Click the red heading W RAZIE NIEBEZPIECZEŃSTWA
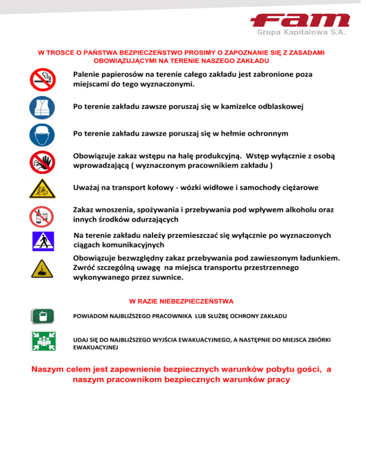(x=181, y=301)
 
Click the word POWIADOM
(x=89, y=316)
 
